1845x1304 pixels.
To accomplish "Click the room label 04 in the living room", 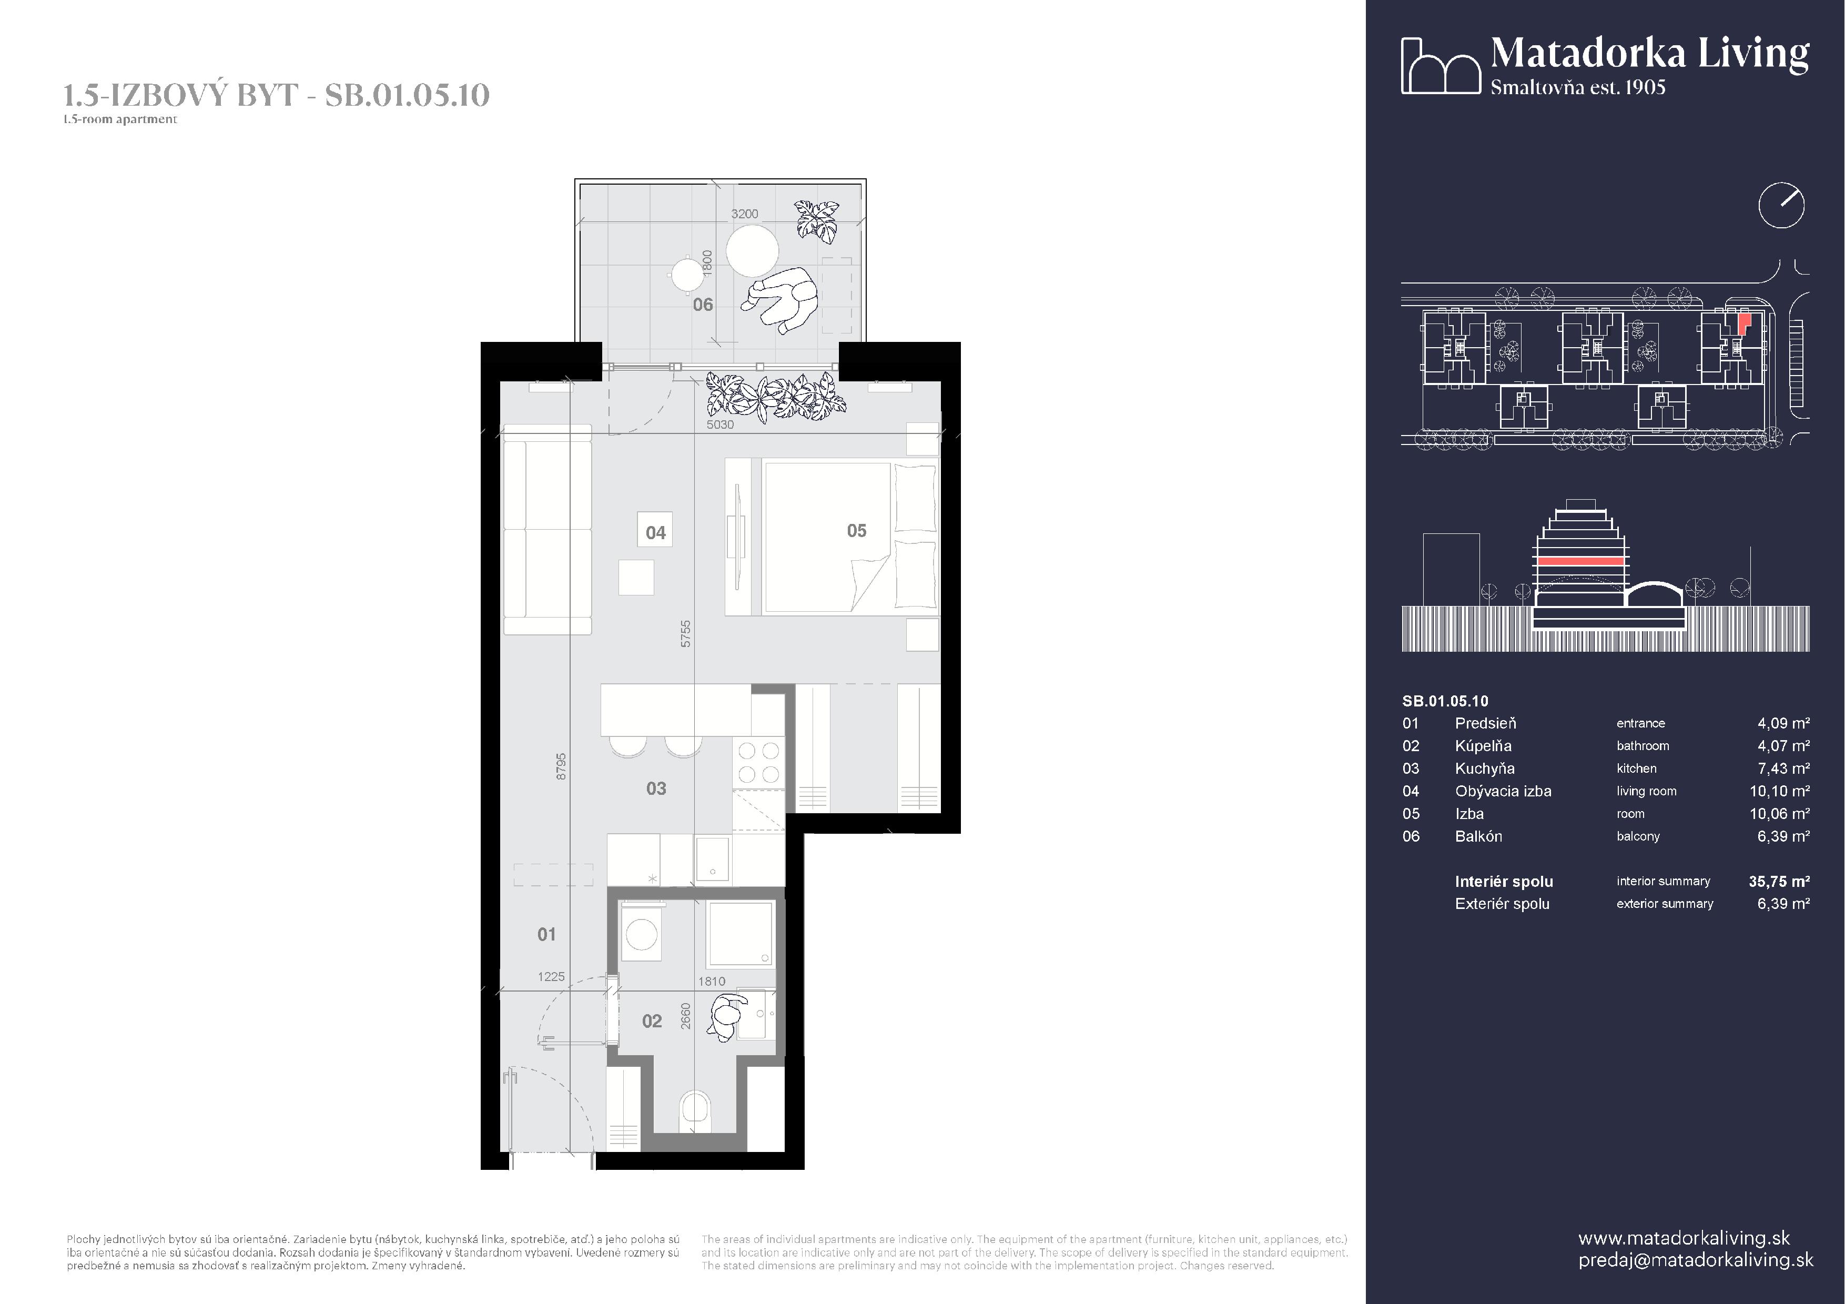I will click(x=656, y=533).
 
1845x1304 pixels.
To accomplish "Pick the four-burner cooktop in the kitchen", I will click(x=758, y=763).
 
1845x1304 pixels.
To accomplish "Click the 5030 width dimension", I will click(x=720, y=424).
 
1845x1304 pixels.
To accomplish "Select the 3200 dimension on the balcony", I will click(x=744, y=214).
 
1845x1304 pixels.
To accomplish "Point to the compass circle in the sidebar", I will click(x=1781, y=206).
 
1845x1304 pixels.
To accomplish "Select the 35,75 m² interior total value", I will click(x=1779, y=882).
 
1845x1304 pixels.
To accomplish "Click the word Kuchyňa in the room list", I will click(x=1484, y=769).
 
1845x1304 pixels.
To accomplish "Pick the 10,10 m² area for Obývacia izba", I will click(x=1779, y=792).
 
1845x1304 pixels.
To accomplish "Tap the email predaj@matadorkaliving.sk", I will click(x=1696, y=1260).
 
